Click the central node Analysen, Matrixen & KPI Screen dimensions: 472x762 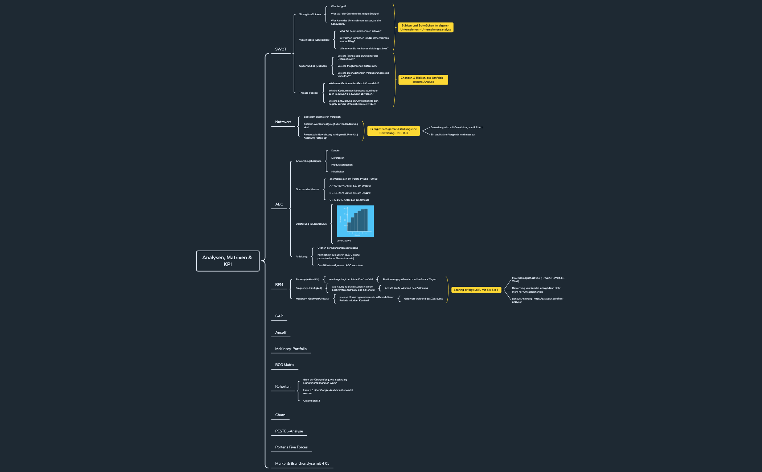[x=228, y=261]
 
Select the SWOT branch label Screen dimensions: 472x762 [x=280, y=49]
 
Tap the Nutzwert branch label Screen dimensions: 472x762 [x=283, y=122]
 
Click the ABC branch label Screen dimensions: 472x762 [x=279, y=204]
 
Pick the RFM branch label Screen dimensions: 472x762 [x=279, y=285]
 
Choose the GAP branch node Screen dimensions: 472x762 [x=279, y=316]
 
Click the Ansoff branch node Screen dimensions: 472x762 [x=280, y=333]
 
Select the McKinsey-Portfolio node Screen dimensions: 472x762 [x=291, y=349]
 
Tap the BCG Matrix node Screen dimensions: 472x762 [x=284, y=365]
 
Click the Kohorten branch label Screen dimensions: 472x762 [x=283, y=387]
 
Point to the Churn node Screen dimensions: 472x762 [x=280, y=415]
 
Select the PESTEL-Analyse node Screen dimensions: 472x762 [x=289, y=431]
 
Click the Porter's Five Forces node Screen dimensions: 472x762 [x=291, y=447]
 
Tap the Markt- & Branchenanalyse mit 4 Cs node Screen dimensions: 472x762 [x=302, y=464]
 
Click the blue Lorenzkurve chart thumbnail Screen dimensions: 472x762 [x=355, y=221]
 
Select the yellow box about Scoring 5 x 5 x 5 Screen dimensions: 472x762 [x=476, y=290]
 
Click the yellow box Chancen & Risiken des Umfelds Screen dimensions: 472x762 [x=423, y=80]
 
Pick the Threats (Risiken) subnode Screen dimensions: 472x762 [x=308, y=93]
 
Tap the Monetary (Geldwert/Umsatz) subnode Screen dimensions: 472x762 [x=312, y=299]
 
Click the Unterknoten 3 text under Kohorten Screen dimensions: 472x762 [x=311, y=401]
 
